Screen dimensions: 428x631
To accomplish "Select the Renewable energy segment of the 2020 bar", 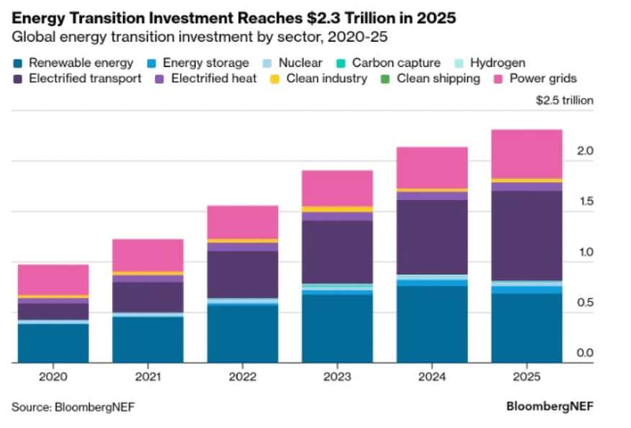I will tap(53, 343).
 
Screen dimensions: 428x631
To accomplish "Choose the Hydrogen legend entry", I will tap(494, 63).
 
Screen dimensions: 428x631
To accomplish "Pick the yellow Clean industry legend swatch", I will tap(275, 79).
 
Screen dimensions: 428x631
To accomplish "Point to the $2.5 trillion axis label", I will tap(565, 101).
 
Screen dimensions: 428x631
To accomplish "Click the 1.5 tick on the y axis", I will tap(584, 202).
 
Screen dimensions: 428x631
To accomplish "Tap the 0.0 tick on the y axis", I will tap(584, 353).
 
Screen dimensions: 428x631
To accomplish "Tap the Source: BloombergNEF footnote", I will tap(73, 407).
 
